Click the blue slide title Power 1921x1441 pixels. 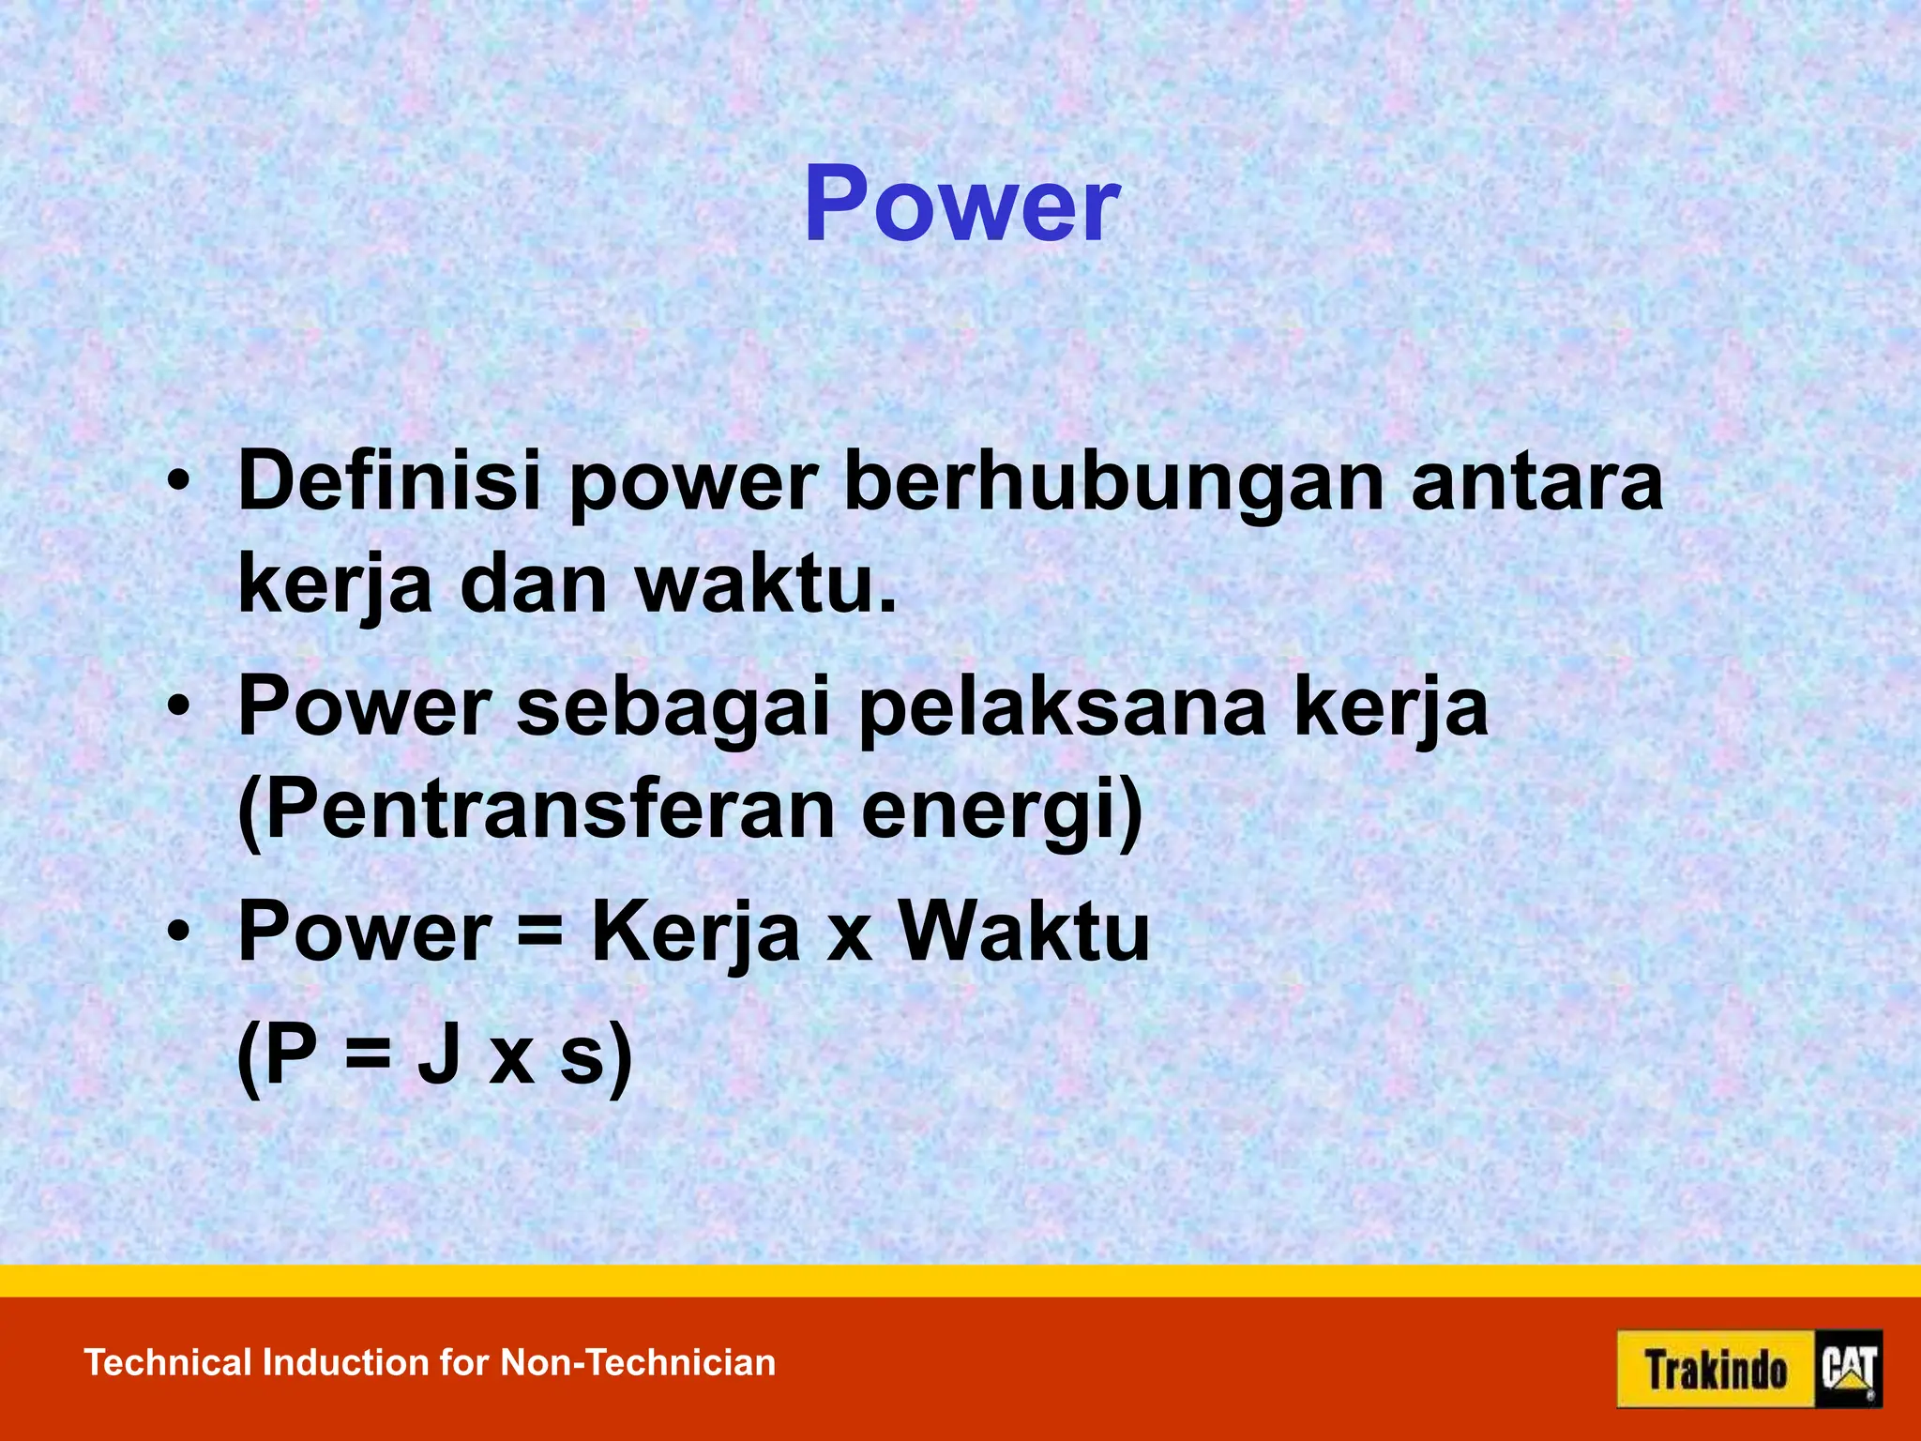pyautogui.click(x=961, y=205)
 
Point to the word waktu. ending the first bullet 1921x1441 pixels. pyautogui.click(x=765, y=584)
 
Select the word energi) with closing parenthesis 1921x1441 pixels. pyautogui.click(x=1002, y=812)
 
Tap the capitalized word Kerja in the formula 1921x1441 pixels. pyautogui.click(x=695, y=933)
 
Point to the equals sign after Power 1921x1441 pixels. pyautogui.click(x=540, y=934)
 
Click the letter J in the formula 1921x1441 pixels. pyautogui.click(x=439, y=1054)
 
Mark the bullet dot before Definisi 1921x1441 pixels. pyautogui.click(x=178, y=484)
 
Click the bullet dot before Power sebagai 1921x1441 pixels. pyautogui.click(x=178, y=709)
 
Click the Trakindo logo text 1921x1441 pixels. pyautogui.click(x=1716, y=1370)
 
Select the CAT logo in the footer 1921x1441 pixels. pyautogui.click(x=1848, y=1370)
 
